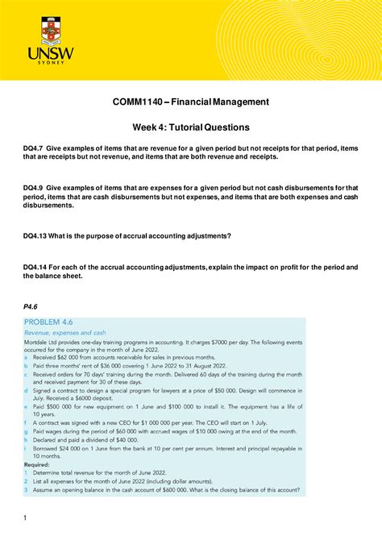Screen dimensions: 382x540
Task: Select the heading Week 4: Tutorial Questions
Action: (x=190, y=127)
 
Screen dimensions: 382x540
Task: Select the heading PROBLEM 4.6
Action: (x=57, y=321)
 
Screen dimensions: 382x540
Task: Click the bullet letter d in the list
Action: (x=26, y=389)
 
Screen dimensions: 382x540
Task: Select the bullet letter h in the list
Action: (x=26, y=439)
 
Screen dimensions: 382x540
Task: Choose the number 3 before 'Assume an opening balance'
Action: (x=26, y=489)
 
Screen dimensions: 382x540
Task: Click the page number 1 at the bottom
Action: (x=25, y=517)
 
